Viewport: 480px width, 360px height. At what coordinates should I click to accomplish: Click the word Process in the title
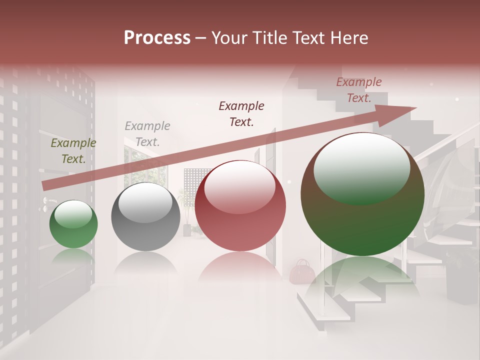[x=157, y=38]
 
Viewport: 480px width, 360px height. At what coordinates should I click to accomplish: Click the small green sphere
[x=73, y=224]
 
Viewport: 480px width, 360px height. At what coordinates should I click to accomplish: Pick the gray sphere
[x=145, y=217]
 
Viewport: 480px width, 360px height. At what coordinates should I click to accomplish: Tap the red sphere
[x=240, y=206]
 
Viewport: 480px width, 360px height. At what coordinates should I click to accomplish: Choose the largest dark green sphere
[x=362, y=195]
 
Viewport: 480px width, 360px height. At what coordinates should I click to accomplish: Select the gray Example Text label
[x=147, y=134]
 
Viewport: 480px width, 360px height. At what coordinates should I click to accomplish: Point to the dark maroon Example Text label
[x=241, y=114]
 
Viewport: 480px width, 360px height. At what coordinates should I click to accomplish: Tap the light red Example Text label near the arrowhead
[x=359, y=90]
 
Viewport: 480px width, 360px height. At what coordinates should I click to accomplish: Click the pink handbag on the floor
[x=302, y=272]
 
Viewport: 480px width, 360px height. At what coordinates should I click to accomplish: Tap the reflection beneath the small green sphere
[x=73, y=256]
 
